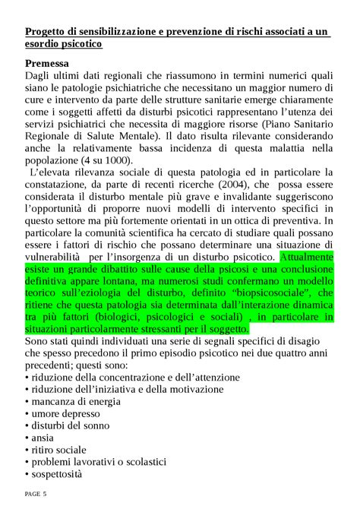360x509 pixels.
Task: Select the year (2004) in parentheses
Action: pyautogui.click(x=217, y=185)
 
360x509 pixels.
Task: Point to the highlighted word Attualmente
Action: pyautogui.click(x=307, y=257)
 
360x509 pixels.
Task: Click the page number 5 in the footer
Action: pyautogui.click(x=45, y=495)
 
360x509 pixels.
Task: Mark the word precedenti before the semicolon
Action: pyautogui.click(x=55, y=365)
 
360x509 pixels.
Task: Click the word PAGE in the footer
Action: pyautogui.click(x=33, y=495)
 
